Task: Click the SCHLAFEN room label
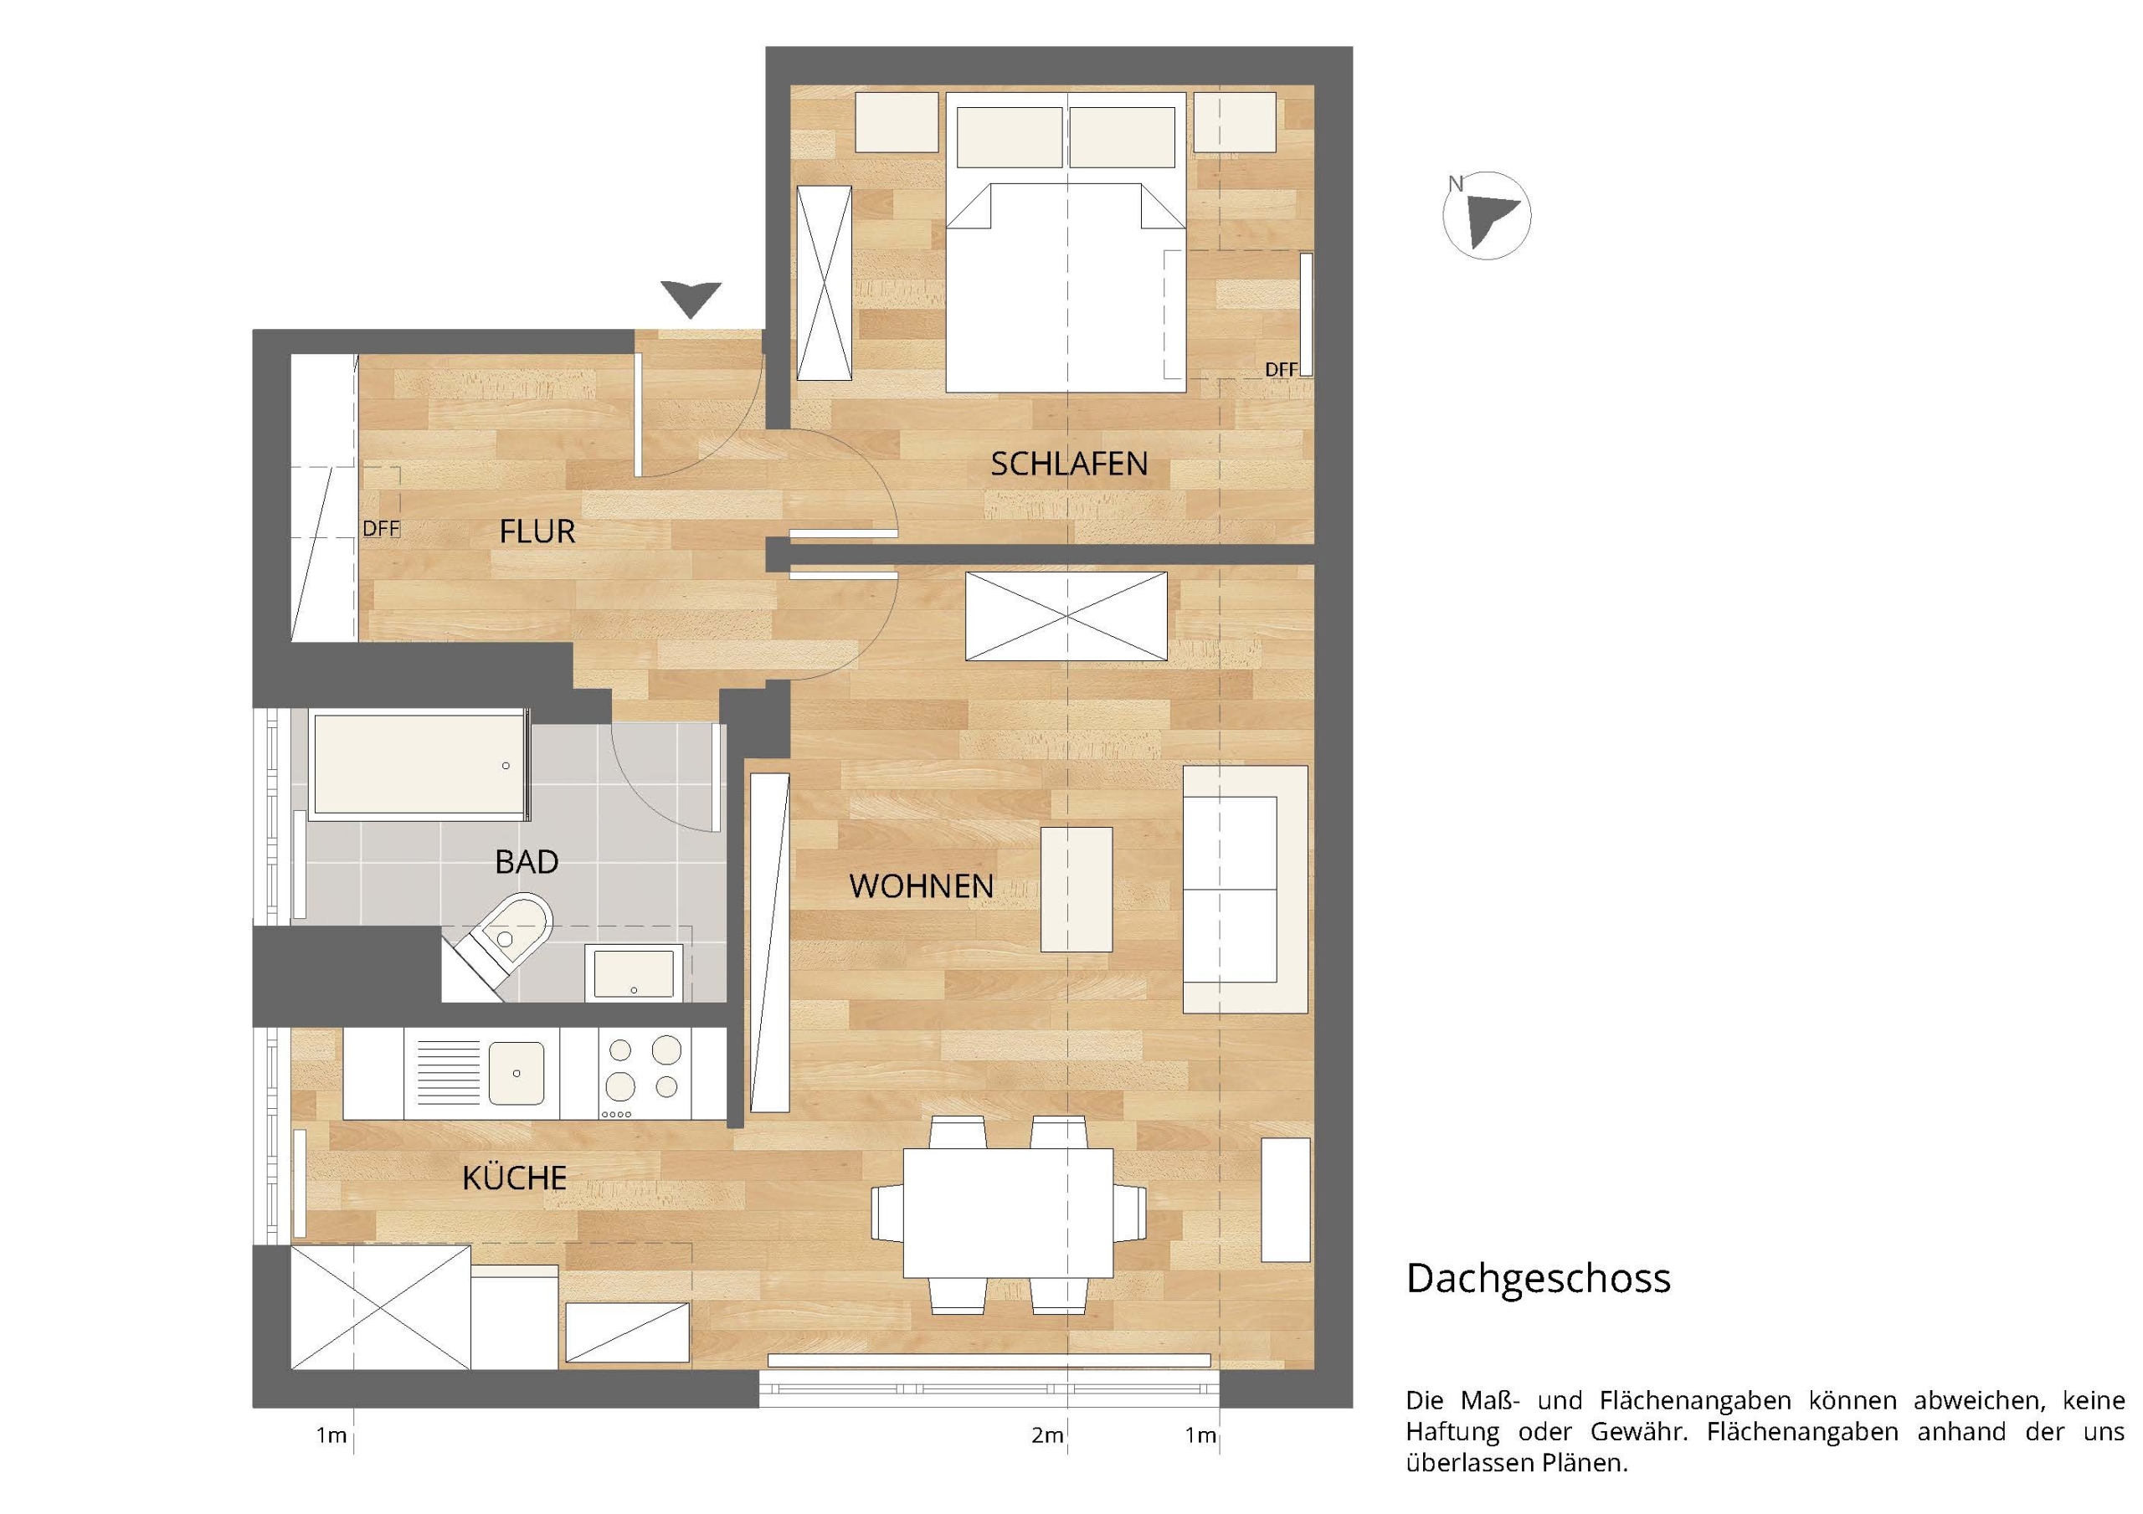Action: tap(1069, 464)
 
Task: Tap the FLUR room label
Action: tap(537, 532)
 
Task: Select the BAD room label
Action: tap(527, 861)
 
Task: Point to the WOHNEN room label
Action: tap(921, 885)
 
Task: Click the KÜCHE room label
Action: tap(514, 1178)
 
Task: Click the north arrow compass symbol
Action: tap(1487, 216)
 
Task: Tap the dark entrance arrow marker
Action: tap(691, 300)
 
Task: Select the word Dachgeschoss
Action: tap(1538, 1279)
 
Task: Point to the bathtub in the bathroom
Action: tap(419, 763)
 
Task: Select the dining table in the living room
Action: tap(1008, 1213)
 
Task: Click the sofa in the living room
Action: tap(1245, 889)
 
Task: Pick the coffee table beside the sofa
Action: tap(1077, 889)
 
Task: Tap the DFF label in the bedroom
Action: tap(1281, 370)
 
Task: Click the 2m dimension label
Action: tap(1047, 1434)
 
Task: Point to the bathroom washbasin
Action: tap(634, 973)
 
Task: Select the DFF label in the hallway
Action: tap(381, 528)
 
